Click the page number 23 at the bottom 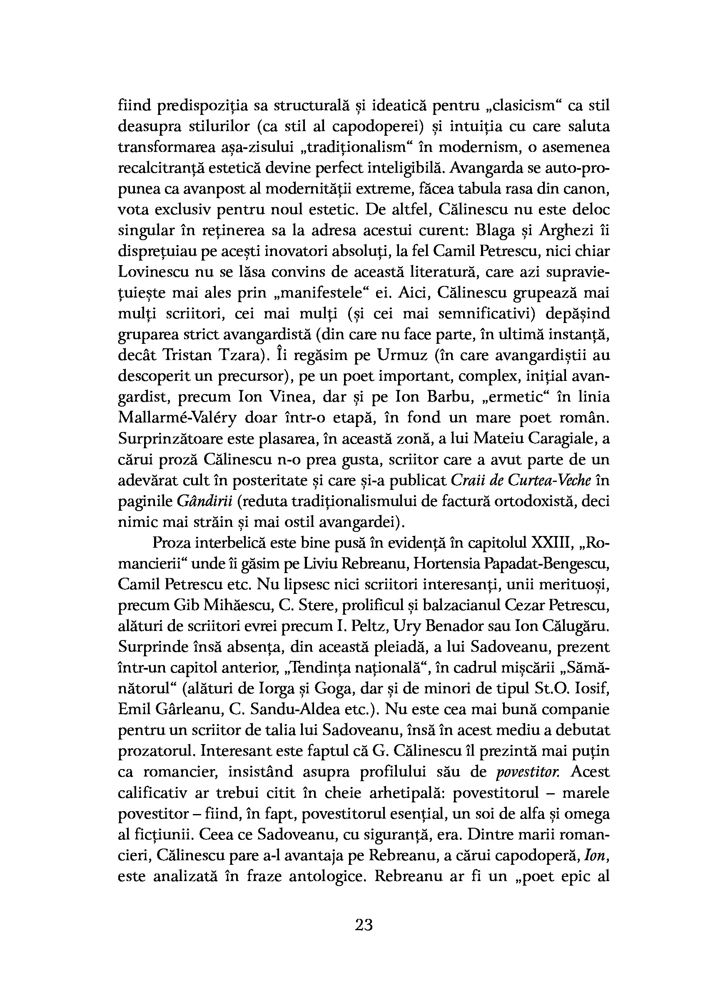click(x=364, y=924)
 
